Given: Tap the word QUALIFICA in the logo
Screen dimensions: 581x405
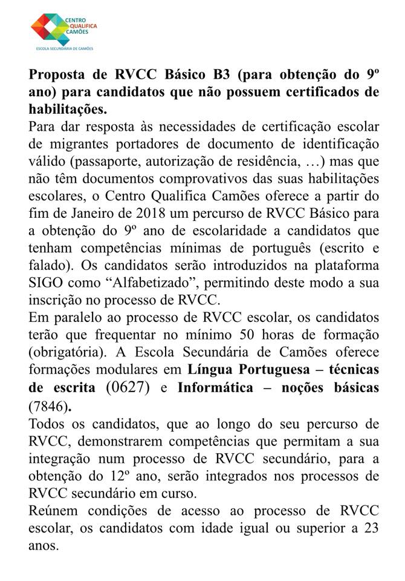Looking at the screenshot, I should (80, 25).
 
